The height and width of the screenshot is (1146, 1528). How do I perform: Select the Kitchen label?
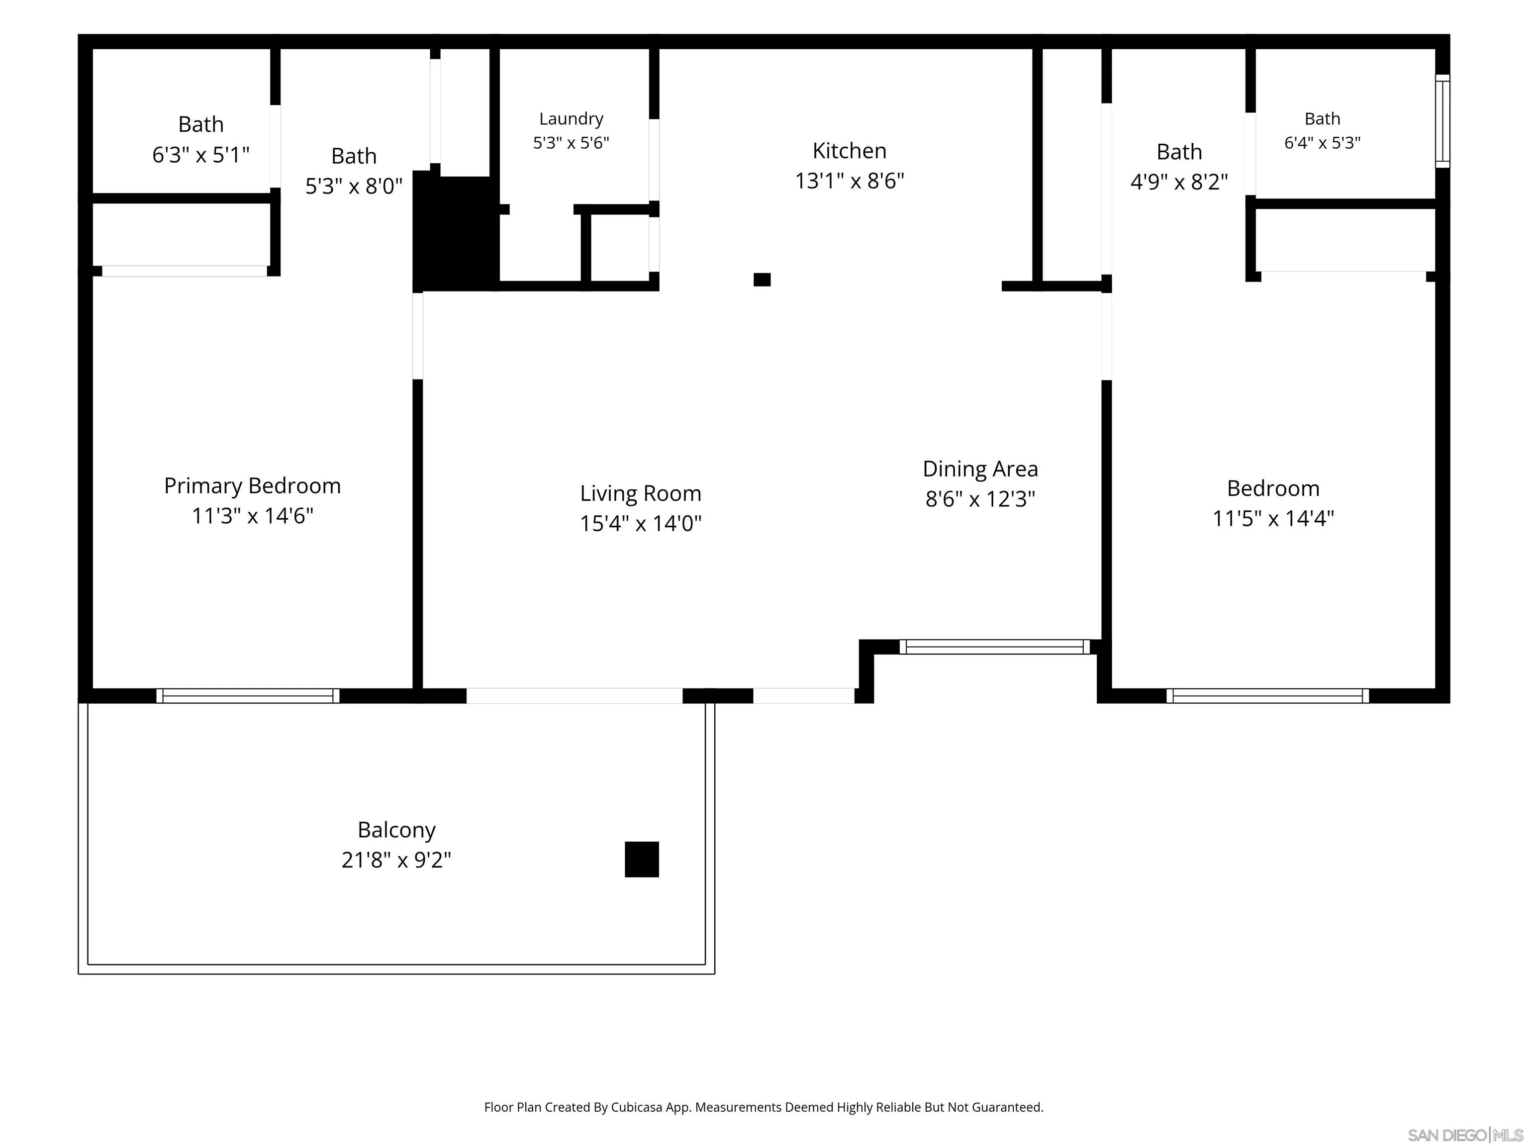(x=849, y=151)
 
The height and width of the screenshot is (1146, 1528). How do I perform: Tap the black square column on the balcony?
(x=642, y=859)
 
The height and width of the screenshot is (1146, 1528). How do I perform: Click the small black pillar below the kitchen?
(x=762, y=280)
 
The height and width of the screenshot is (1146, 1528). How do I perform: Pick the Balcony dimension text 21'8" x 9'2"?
(x=396, y=860)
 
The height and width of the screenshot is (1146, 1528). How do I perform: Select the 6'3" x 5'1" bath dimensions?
(x=200, y=155)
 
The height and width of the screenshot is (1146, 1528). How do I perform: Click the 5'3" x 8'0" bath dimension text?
(x=354, y=186)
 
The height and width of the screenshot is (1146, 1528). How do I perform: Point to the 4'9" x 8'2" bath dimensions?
(x=1179, y=182)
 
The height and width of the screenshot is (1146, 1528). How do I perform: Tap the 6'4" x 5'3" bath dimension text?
(x=1322, y=143)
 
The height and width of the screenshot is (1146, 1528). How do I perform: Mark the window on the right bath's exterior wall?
(x=1442, y=121)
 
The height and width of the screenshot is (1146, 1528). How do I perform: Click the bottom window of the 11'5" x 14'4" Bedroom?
(x=1267, y=696)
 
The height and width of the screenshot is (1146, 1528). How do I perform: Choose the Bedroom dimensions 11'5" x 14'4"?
(x=1273, y=519)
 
